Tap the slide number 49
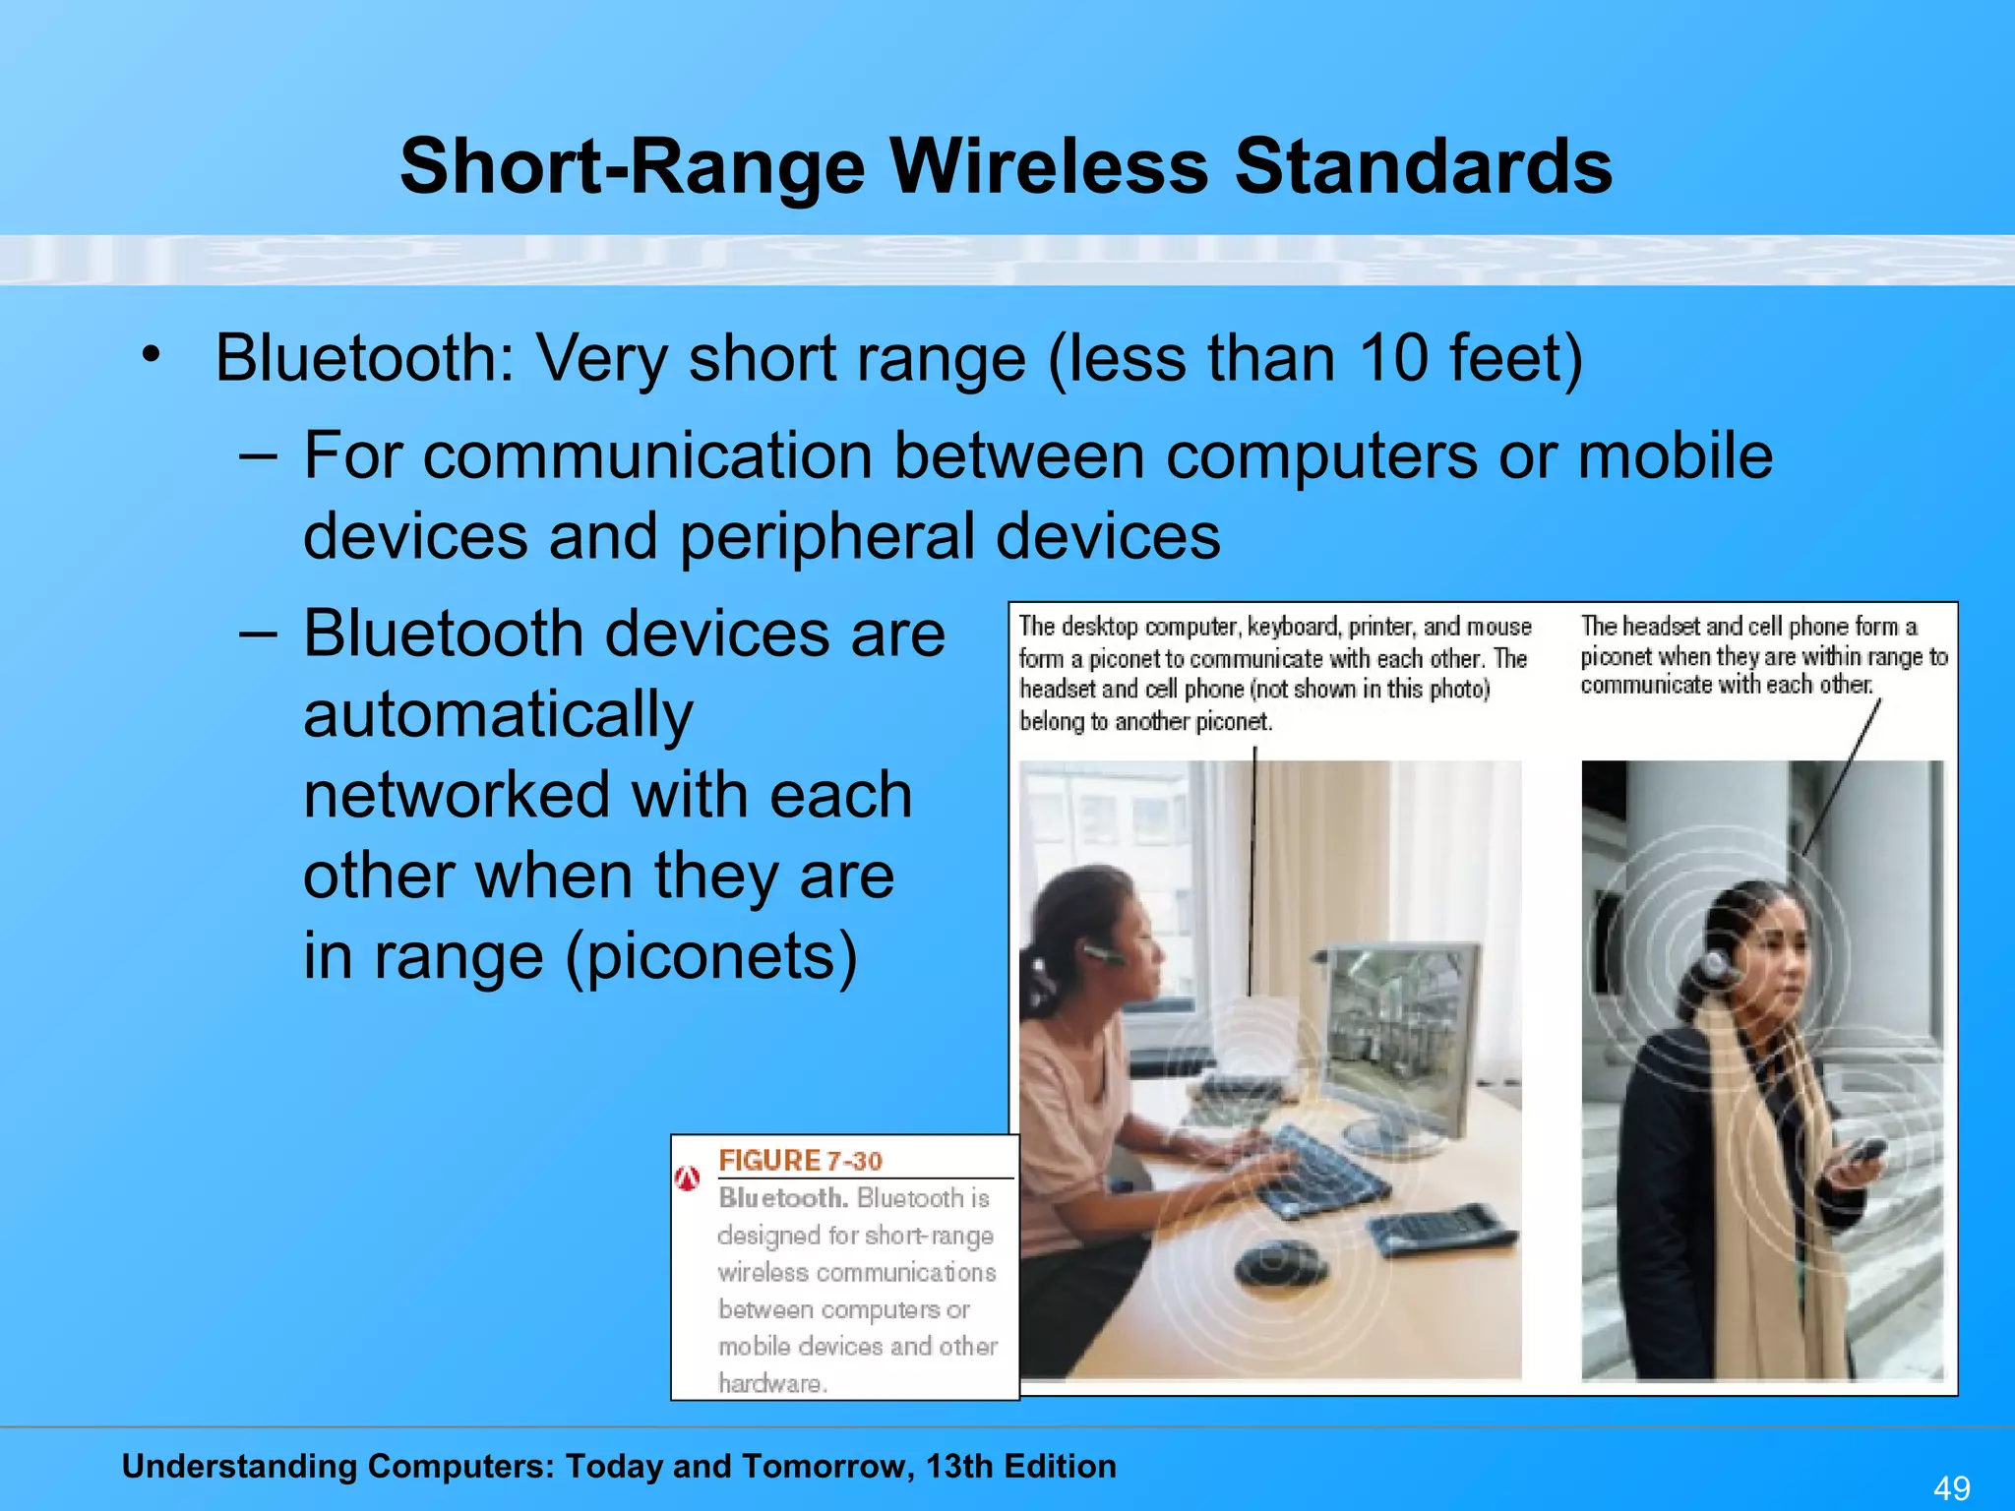(x=1951, y=1487)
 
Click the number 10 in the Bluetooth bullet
(x=1393, y=357)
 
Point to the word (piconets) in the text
(x=711, y=956)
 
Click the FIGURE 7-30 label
(x=800, y=1161)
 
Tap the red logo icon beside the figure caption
(x=688, y=1178)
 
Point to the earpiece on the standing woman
(x=1717, y=963)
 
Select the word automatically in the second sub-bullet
(x=498, y=714)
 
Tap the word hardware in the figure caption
(x=770, y=1383)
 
